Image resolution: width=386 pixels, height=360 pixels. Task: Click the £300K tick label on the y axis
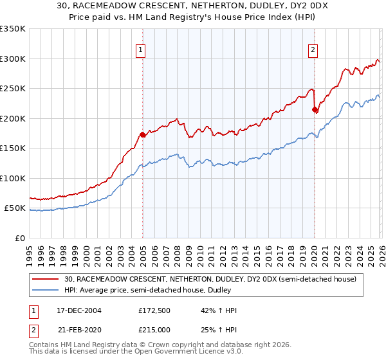[13, 59]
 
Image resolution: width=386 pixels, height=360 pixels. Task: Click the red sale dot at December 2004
[142, 134]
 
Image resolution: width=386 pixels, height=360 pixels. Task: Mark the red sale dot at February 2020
[315, 109]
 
